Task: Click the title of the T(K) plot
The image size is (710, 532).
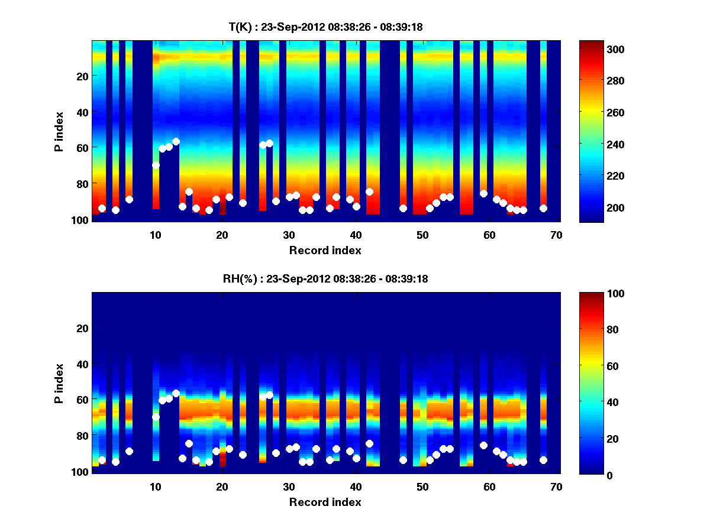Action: (325, 27)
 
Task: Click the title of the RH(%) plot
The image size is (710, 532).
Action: (325, 279)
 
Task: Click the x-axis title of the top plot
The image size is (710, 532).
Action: (325, 250)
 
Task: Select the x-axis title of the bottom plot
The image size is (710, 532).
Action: (325, 502)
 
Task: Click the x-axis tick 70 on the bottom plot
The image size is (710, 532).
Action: (556, 486)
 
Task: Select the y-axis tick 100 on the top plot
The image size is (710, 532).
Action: (80, 219)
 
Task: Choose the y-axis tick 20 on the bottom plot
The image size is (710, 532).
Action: (83, 328)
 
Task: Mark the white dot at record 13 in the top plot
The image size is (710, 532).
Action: (176, 141)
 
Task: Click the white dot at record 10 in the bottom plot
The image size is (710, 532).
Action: (156, 417)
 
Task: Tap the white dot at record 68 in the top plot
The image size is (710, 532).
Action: (543, 208)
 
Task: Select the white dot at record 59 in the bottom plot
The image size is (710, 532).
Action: (483, 445)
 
